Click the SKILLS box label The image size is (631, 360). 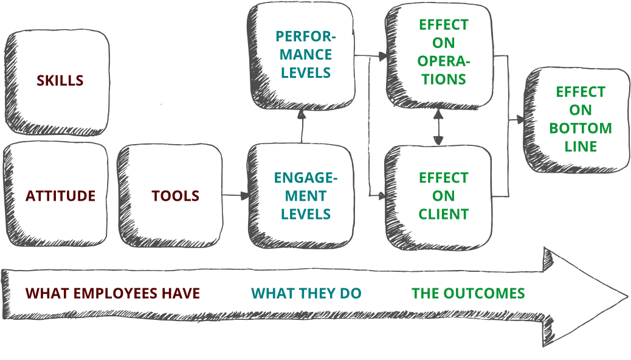point(60,80)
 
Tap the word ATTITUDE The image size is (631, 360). point(60,196)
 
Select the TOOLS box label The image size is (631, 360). point(175,196)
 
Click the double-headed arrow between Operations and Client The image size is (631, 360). point(438,129)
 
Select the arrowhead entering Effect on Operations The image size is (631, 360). point(382,57)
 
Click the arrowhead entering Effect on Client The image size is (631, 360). point(382,196)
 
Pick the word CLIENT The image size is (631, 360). point(444,214)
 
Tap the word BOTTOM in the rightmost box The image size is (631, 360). point(581,128)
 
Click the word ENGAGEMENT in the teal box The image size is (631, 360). point(305,187)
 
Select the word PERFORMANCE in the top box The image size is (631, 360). point(305,45)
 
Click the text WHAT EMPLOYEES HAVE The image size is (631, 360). point(112,293)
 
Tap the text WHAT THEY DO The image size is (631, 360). point(306,293)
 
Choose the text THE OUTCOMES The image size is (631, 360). point(468,293)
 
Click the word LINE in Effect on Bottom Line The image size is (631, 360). point(581,147)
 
